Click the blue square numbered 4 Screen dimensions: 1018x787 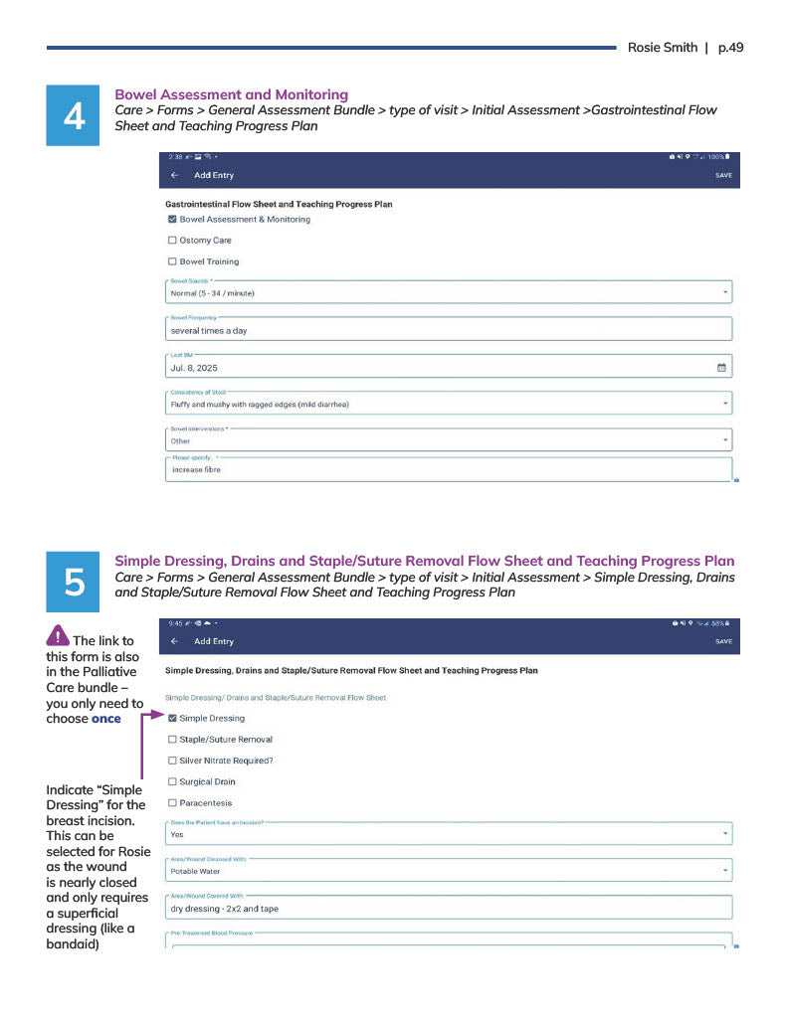click(x=74, y=116)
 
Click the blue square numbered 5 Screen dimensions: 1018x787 click(x=74, y=583)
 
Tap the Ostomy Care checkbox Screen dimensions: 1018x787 click(x=172, y=241)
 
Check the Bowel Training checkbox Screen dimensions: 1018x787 click(x=172, y=261)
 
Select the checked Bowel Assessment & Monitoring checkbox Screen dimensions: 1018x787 click(x=172, y=220)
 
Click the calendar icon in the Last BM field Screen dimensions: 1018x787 click(x=721, y=368)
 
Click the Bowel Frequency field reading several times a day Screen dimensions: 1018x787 click(x=448, y=330)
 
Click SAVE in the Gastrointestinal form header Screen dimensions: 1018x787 click(x=723, y=175)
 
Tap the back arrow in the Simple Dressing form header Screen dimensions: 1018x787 click(x=175, y=641)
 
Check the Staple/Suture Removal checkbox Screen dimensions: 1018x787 click(x=172, y=740)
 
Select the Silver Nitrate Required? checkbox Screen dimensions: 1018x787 click(x=172, y=761)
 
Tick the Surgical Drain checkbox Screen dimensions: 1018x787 click(x=172, y=781)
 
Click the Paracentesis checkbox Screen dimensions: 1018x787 click(x=172, y=802)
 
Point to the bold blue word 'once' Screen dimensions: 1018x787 click(x=105, y=719)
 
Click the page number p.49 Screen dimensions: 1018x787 click(x=730, y=48)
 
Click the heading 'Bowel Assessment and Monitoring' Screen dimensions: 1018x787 click(x=232, y=94)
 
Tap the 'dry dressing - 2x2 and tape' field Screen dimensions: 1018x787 click(x=448, y=908)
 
